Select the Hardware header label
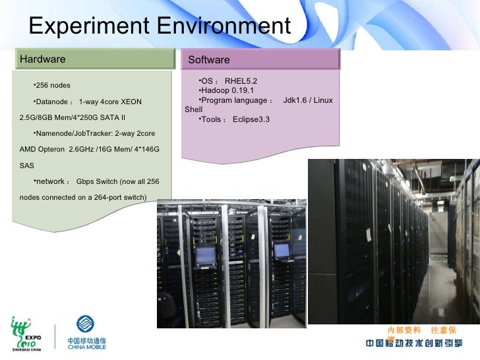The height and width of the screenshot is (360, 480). (43, 59)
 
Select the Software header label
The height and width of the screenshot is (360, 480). (209, 60)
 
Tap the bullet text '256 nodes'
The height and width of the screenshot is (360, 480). (53, 86)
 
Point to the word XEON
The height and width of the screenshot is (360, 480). (131, 102)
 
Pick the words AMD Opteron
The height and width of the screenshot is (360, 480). (42, 150)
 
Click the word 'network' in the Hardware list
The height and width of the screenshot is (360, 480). (50, 181)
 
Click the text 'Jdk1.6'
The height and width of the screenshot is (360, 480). (296, 100)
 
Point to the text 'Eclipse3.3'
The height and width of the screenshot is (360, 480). (251, 119)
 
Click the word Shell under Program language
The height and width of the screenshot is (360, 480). (194, 109)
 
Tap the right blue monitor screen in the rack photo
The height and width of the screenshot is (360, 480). (282, 251)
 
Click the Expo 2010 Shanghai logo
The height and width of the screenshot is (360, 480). (26, 334)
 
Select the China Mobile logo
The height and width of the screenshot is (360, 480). (85, 333)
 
